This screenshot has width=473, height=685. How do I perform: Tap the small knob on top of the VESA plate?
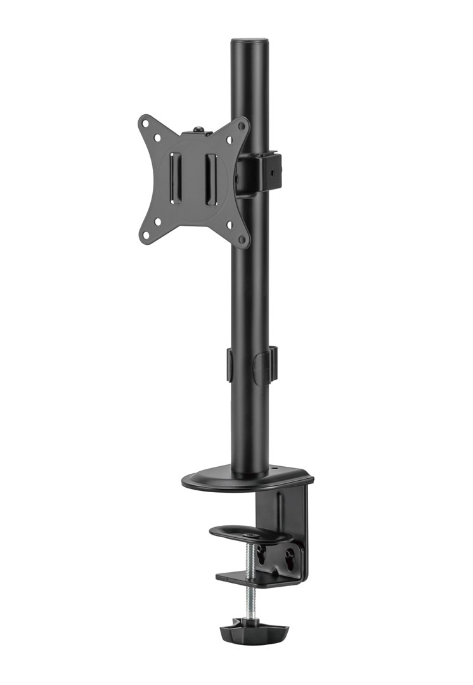click(x=199, y=130)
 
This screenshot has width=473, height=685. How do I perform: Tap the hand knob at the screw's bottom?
click(x=253, y=631)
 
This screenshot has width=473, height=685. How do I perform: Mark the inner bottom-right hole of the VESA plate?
click(x=230, y=224)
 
